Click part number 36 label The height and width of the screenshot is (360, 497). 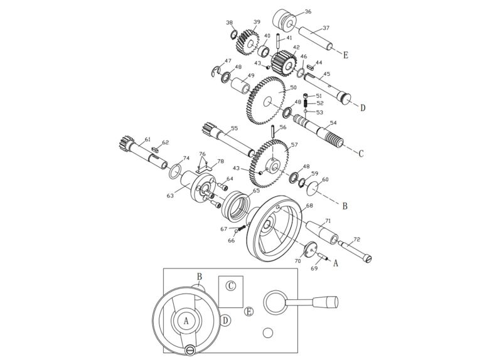(307, 12)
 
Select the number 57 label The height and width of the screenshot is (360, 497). (294, 144)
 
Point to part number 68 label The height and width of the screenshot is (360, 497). (309, 205)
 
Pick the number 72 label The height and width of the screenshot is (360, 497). (356, 240)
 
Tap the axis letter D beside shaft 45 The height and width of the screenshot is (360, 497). (362, 107)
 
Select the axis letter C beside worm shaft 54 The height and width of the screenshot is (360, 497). (361, 152)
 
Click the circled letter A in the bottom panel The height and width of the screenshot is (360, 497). (187, 320)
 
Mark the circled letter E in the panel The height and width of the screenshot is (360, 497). (249, 312)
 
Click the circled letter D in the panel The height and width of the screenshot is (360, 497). (225, 320)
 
